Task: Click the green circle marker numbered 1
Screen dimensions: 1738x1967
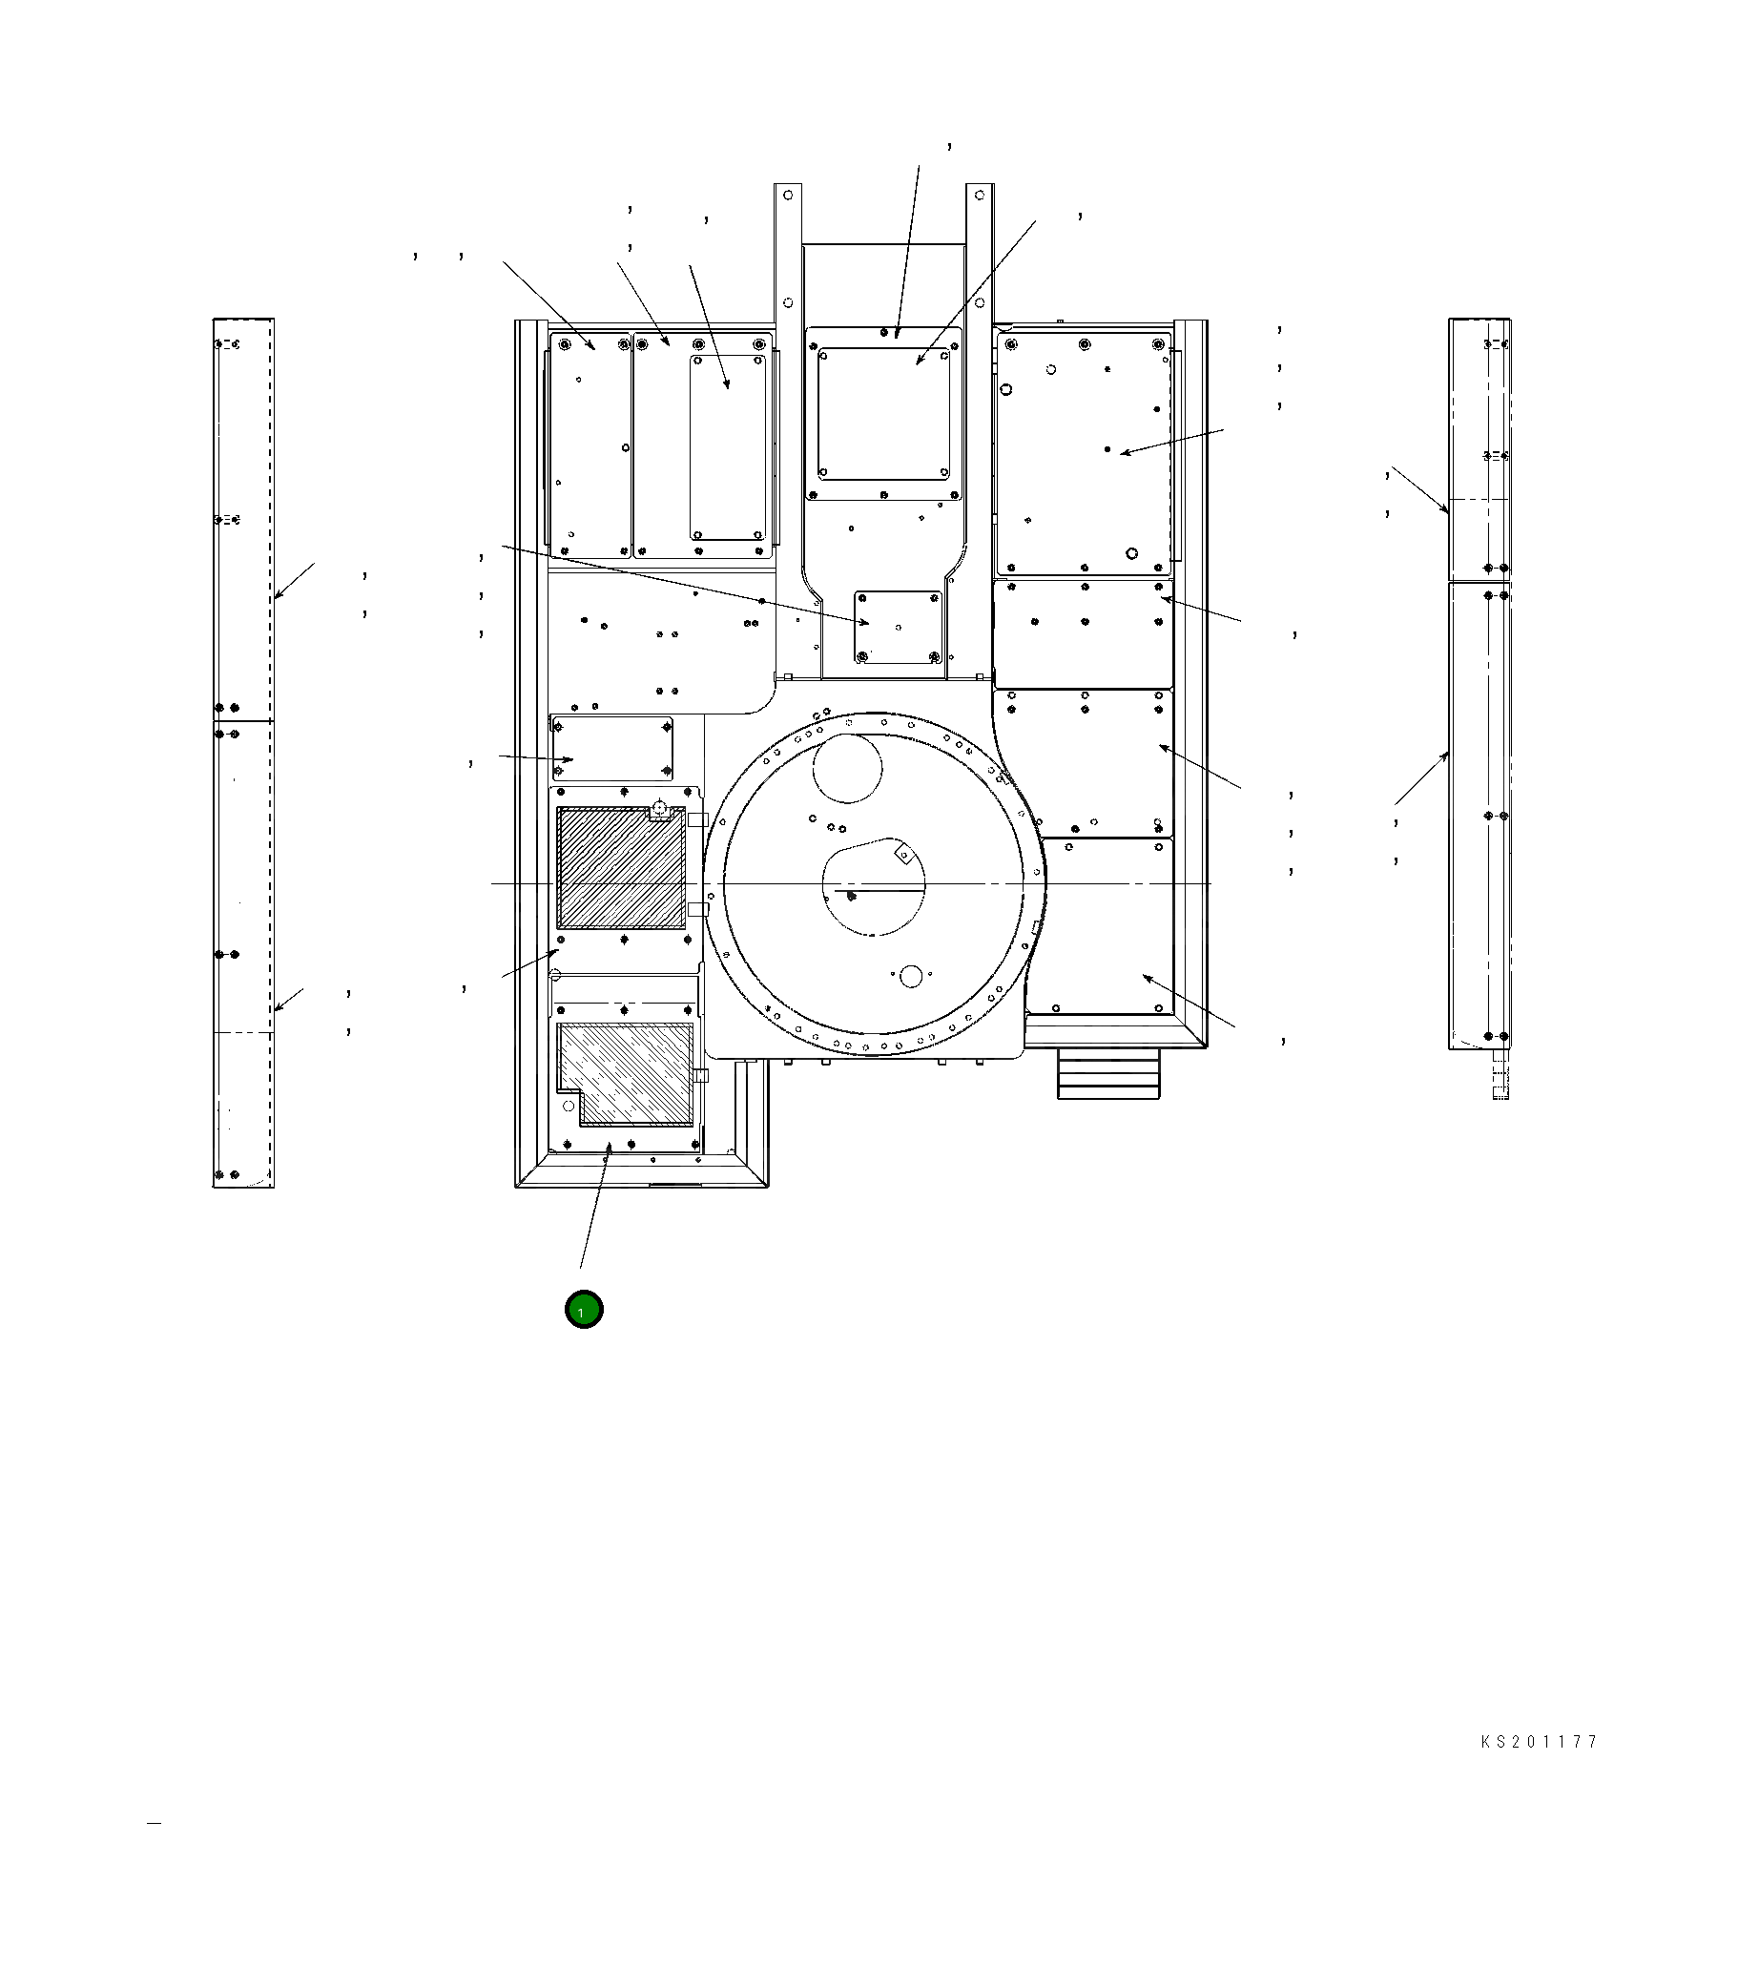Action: click(584, 1310)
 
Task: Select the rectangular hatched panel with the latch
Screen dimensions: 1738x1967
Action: click(622, 868)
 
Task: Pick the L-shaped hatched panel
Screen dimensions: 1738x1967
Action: click(627, 1074)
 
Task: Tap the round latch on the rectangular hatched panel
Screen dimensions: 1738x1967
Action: click(659, 810)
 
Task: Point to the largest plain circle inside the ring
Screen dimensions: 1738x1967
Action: click(847, 768)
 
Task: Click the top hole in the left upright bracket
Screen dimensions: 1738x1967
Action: click(788, 196)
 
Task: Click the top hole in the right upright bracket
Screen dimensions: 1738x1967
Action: click(979, 196)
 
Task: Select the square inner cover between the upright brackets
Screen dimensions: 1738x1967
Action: click(883, 414)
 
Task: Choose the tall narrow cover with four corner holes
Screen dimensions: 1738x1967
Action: click(728, 447)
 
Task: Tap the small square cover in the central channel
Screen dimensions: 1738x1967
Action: click(898, 628)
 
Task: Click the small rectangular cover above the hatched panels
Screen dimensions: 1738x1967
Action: click(612, 749)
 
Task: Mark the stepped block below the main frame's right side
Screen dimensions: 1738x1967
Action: click(1109, 1074)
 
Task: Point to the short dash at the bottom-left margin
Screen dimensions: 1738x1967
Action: click(154, 1822)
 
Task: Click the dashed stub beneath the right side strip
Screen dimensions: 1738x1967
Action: click(1500, 1074)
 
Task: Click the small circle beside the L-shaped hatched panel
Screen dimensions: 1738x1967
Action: click(554, 975)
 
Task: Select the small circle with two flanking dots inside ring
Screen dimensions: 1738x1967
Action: click(910, 977)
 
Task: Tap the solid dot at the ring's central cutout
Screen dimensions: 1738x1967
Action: click(851, 896)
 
